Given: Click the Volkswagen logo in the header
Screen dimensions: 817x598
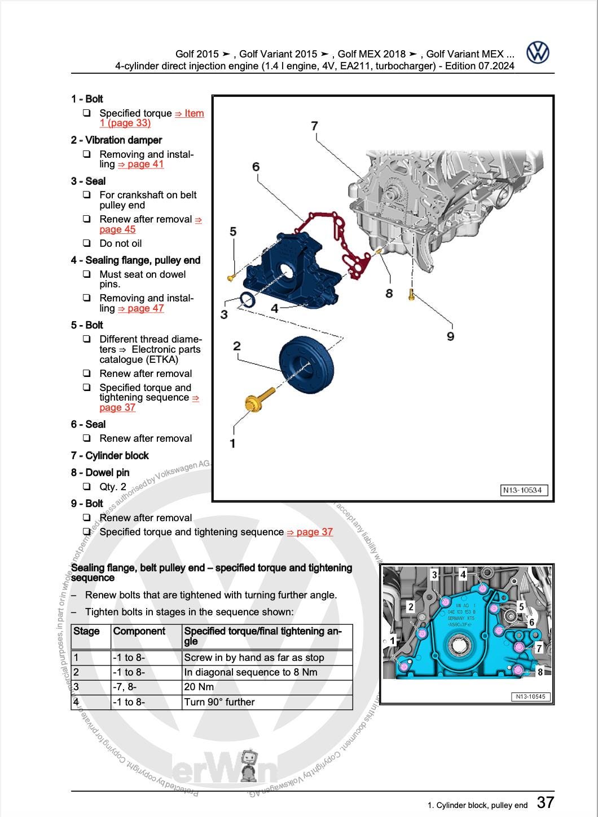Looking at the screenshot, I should [538, 52].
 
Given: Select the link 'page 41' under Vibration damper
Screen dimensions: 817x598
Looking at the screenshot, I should [140, 165].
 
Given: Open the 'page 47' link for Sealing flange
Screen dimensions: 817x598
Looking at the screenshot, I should [140, 308].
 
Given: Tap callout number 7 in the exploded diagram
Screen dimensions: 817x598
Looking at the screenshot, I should [314, 126].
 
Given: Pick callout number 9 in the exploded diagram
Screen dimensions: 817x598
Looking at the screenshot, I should [450, 336].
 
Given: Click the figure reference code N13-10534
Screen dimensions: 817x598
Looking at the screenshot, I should [524, 490].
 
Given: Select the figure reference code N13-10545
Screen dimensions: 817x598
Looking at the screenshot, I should [531, 697].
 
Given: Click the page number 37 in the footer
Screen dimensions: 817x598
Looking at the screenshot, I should [546, 802].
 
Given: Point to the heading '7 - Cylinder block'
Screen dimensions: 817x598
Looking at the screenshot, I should [110, 456].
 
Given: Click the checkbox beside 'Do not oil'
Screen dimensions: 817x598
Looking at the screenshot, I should [87, 243].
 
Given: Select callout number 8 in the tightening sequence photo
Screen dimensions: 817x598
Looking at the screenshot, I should [540, 672].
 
